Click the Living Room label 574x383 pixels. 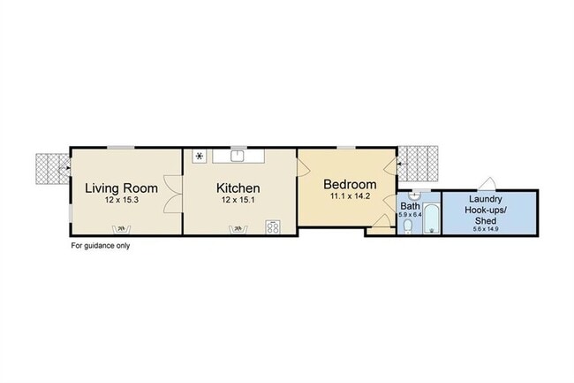tap(122, 188)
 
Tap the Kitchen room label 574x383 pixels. tap(238, 188)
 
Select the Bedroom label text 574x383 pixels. tap(350, 184)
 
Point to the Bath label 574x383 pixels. tap(410, 205)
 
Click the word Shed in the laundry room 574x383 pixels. tap(486, 220)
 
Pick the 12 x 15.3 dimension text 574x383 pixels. tap(122, 200)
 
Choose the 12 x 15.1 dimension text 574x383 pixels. tap(238, 200)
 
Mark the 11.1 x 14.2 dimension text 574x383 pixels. tap(350, 196)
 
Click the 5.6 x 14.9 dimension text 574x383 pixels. tap(486, 229)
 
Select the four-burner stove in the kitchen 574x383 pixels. tap(273, 226)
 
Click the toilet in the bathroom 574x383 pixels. tap(408, 226)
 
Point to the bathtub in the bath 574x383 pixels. tap(432, 218)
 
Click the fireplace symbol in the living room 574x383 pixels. tap(121, 229)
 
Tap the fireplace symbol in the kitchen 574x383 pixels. tap(238, 229)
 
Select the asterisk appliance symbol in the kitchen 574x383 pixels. tap(200, 157)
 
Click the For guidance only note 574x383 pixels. tap(101, 246)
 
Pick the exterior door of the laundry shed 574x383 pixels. tap(487, 184)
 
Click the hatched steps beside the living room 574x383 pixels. tap(52, 169)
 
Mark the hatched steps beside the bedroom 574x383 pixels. tap(418, 164)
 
